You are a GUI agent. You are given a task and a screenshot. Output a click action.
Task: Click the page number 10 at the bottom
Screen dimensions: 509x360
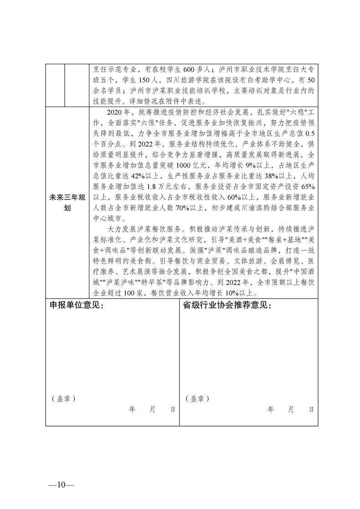click(x=60, y=484)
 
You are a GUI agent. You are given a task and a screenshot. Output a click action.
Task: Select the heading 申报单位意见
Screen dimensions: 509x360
click(x=77, y=305)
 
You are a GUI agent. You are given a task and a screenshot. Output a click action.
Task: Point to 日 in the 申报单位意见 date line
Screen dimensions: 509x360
click(x=173, y=410)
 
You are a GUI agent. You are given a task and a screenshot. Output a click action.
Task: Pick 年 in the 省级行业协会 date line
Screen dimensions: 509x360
click(x=271, y=410)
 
